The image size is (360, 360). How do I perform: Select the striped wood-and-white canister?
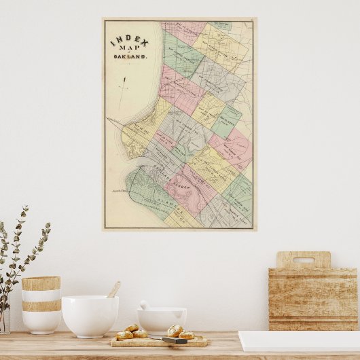pyautogui.click(x=41, y=305)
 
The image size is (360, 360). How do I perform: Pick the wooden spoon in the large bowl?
pyautogui.click(x=113, y=290)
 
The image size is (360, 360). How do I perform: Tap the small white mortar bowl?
pyautogui.click(x=162, y=321)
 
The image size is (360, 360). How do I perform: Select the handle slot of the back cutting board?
pyautogui.click(x=303, y=259)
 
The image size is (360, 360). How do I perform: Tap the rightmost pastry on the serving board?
pyautogui.click(x=187, y=335)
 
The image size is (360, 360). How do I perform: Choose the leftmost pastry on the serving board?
pyautogui.click(x=124, y=335)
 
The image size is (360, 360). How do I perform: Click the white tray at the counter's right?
pyautogui.click(x=299, y=341)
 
